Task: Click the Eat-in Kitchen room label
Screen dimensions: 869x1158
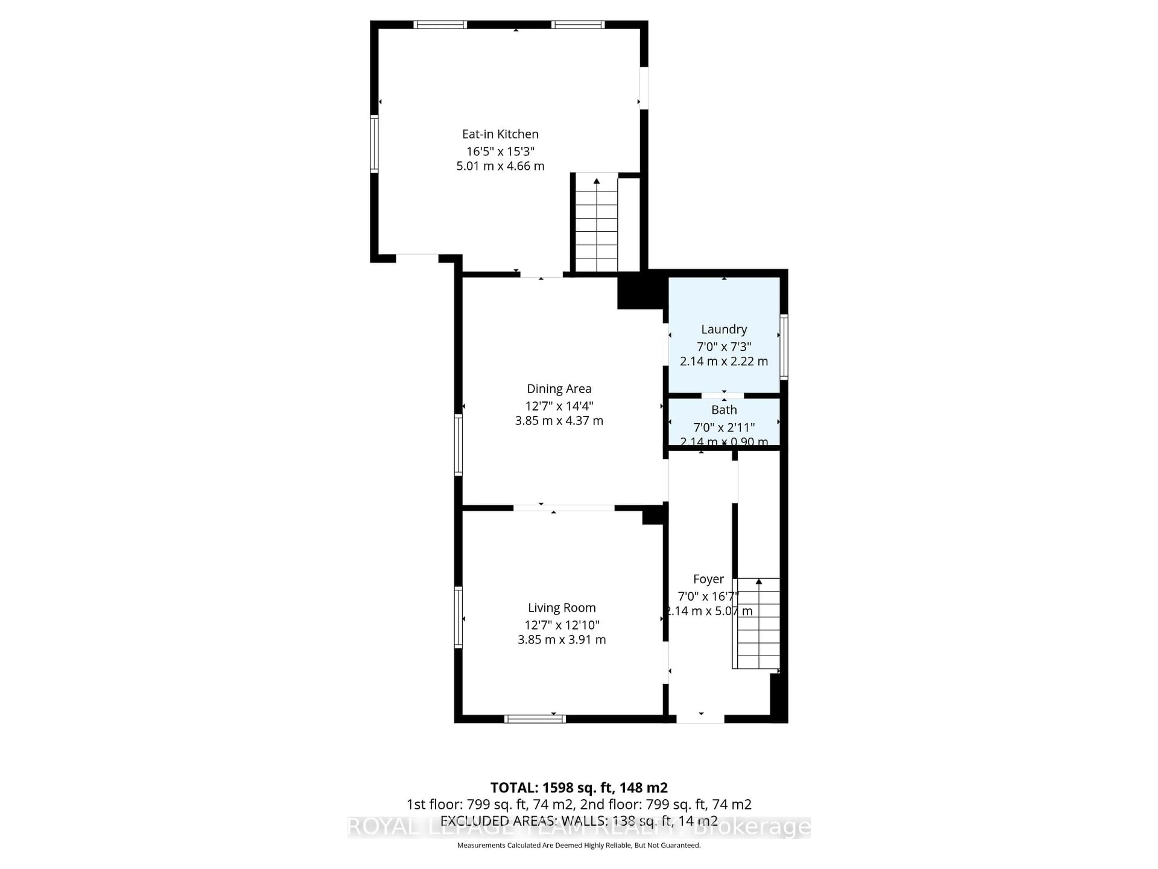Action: [500, 134]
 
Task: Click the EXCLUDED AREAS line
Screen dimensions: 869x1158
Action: [578, 821]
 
